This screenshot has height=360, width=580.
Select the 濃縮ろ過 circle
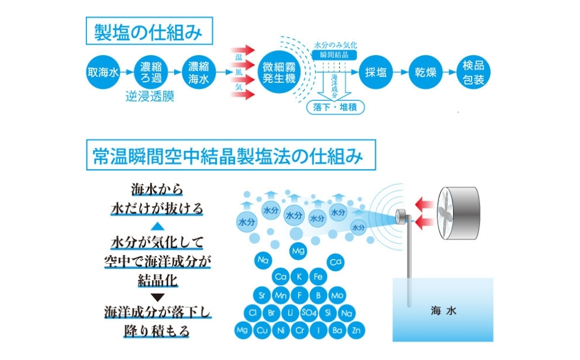tap(151, 72)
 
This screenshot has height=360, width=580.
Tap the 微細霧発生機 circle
tap(280, 72)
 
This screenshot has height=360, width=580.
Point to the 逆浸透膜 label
tap(150, 97)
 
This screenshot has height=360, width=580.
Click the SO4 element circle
tap(309, 313)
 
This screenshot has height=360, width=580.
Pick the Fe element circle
tap(317, 277)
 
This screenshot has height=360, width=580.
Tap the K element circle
tap(299, 277)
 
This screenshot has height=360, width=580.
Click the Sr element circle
tap(262, 295)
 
